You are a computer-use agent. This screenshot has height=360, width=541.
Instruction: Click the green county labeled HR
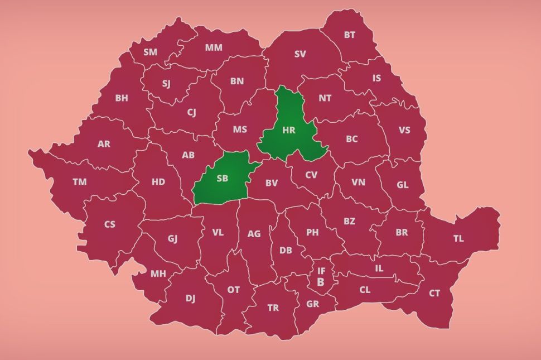[x=289, y=130]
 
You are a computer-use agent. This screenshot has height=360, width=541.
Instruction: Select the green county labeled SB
[x=222, y=179]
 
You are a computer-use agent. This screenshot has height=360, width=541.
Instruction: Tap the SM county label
[x=150, y=52]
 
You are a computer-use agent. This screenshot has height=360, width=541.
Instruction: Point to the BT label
[x=349, y=35]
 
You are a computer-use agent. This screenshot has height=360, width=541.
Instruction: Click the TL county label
[x=458, y=238]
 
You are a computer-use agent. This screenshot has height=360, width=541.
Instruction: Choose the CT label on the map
[x=434, y=293]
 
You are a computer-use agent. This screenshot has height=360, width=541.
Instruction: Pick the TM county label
[x=79, y=181]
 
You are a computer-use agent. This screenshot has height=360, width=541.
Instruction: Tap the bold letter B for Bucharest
[x=321, y=282]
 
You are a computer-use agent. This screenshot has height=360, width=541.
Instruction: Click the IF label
[x=321, y=271]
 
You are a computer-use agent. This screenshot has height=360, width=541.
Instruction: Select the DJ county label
[x=190, y=299]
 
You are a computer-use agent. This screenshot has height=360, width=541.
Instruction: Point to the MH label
[x=158, y=273]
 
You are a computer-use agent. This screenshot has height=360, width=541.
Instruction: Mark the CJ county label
[x=191, y=113]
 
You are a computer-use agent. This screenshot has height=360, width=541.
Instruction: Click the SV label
[x=300, y=54]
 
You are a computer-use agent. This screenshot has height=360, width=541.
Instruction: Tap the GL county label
[x=402, y=185]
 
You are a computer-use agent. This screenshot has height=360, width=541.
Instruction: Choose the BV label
[x=271, y=183]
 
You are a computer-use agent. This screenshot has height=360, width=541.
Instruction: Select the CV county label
[x=311, y=175]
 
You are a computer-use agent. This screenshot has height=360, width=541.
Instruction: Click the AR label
[x=104, y=144]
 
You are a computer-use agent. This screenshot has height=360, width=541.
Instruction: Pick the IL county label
[x=379, y=268]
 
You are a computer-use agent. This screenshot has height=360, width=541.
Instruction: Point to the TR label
[x=273, y=308]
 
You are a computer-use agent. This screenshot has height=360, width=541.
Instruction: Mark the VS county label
[x=404, y=130]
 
